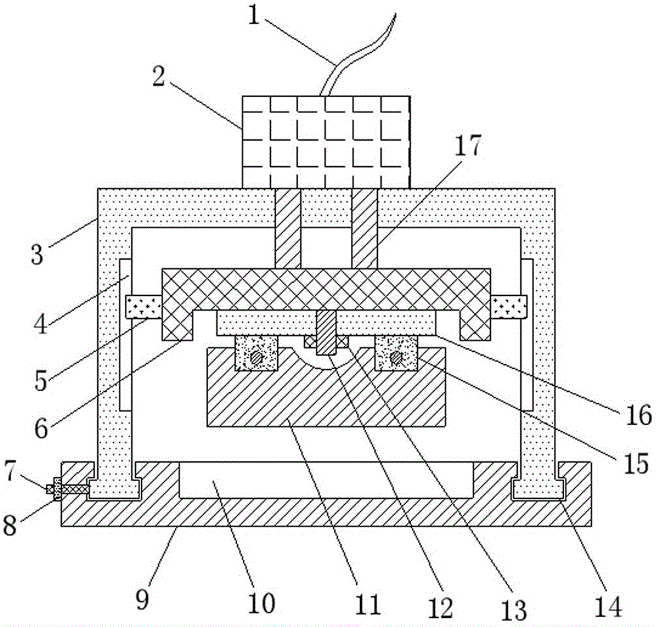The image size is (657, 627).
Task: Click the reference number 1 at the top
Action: pos(254,15)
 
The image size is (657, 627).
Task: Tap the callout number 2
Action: pos(158,76)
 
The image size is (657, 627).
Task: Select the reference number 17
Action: pos(468,145)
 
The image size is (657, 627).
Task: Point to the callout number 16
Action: pos(639,415)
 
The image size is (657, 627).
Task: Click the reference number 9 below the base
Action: pos(142,600)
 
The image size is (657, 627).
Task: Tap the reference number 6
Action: pos(41,429)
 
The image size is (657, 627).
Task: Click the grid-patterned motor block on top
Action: pos(326,142)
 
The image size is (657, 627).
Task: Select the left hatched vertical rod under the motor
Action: pos(288,229)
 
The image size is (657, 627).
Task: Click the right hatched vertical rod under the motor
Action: pos(365,229)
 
